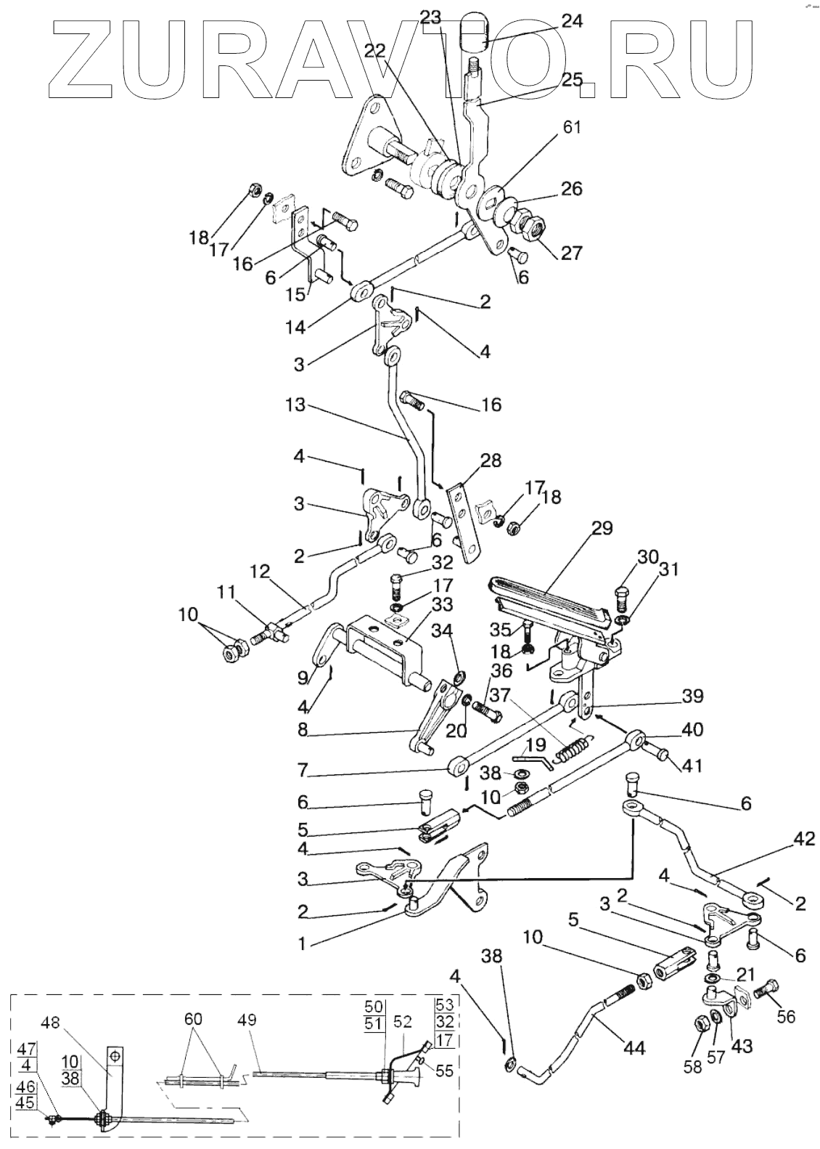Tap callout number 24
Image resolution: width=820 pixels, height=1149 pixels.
[572, 21]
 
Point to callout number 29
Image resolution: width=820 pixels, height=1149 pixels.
[602, 528]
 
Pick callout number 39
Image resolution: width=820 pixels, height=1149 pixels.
[692, 697]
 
